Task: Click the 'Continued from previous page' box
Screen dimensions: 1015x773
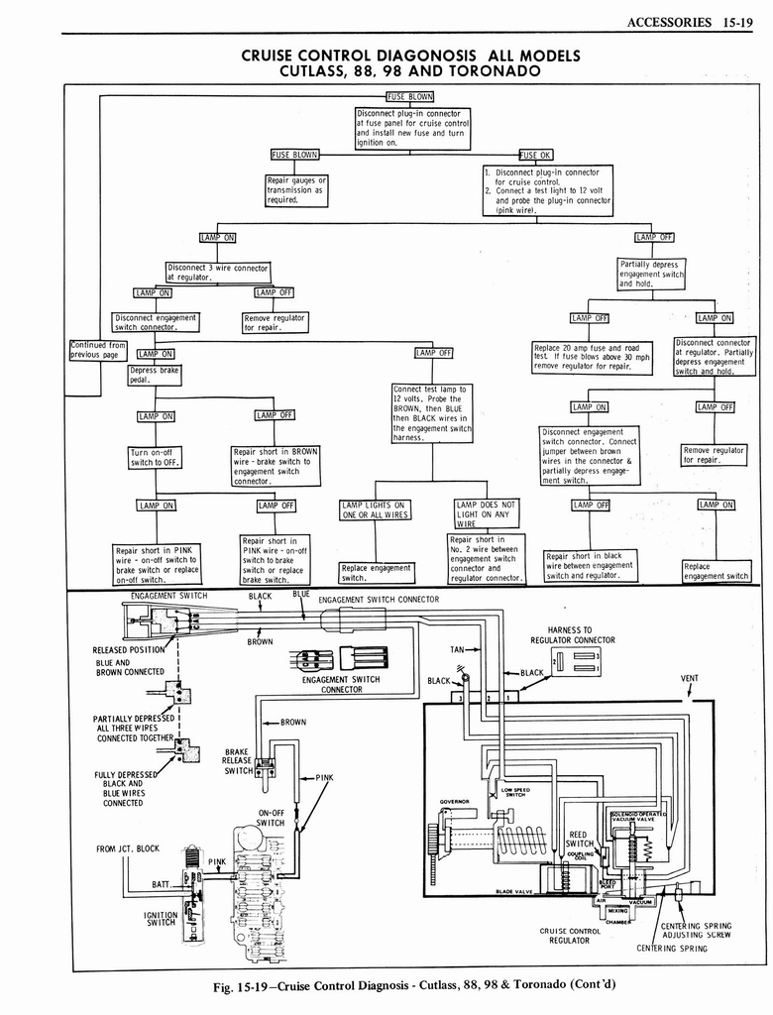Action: coord(98,350)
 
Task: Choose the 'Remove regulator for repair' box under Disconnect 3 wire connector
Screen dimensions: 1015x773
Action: coord(275,322)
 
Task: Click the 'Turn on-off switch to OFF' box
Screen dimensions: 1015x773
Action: coord(154,457)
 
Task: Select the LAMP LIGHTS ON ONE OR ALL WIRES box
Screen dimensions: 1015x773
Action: coord(375,509)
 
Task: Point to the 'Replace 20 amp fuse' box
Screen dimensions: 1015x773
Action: coord(592,357)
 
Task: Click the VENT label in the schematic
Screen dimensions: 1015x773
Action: coord(690,679)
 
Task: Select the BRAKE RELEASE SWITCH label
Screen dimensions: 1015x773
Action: coord(237,761)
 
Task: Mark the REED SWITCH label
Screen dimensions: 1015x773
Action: coord(580,839)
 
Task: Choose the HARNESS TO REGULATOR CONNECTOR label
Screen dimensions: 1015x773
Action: coord(569,634)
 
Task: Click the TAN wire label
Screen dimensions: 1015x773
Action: coord(457,649)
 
